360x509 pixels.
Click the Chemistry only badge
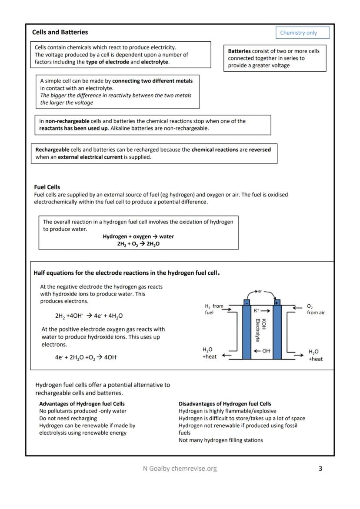coord(302,33)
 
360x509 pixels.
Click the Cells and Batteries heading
coord(60,32)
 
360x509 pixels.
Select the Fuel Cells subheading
coord(47,187)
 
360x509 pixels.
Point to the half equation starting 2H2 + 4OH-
coord(92,316)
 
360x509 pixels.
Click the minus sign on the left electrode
coord(247,303)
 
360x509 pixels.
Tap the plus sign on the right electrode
coord(277,303)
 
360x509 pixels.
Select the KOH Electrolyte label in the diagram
coord(260,330)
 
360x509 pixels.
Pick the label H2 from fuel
coord(213,309)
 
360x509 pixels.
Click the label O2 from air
coord(316,309)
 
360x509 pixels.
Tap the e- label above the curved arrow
coord(260,291)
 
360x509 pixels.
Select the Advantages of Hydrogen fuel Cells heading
coord(82,404)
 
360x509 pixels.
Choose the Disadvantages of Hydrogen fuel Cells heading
coord(225,404)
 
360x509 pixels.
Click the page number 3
coord(320,469)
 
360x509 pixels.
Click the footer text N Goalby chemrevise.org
coord(180,469)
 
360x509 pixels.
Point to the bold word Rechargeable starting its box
coord(52,150)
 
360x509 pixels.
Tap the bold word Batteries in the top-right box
coord(239,51)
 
